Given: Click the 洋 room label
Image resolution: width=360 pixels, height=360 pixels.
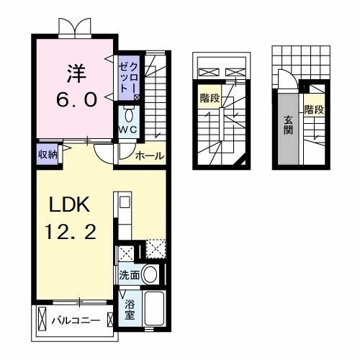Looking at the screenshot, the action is [76, 73].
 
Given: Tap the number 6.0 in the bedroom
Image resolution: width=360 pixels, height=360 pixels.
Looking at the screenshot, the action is [77, 99].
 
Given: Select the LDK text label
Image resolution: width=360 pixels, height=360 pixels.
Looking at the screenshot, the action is [70, 204].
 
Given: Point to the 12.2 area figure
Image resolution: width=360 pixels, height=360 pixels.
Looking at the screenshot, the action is [71, 232].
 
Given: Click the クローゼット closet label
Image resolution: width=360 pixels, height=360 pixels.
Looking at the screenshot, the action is [129, 78].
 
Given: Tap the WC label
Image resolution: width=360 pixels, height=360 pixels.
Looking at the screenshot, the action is [128, 130].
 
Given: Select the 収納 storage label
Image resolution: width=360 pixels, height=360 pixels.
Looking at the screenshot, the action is [48, 155].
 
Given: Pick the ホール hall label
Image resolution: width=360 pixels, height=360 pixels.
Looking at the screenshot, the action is [150, 156].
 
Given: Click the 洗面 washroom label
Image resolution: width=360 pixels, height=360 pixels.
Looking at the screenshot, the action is [130, 276].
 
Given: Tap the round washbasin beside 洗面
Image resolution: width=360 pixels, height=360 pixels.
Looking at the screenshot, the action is [150, 274].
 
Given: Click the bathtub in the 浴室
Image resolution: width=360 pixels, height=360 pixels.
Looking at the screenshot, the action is [155, 308].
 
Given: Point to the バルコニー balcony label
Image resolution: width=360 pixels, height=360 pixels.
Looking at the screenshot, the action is [76, 320].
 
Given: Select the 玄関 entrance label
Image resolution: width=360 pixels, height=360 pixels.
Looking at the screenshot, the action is [288, 125].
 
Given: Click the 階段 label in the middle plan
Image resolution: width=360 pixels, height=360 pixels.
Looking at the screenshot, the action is [210, 98].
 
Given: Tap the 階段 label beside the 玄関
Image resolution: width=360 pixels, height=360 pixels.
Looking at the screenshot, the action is [314, 109].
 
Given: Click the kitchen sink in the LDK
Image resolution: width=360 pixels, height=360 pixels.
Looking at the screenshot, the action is [125, 202].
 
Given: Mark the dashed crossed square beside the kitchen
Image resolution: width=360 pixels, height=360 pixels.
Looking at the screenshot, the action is [156, 249].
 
